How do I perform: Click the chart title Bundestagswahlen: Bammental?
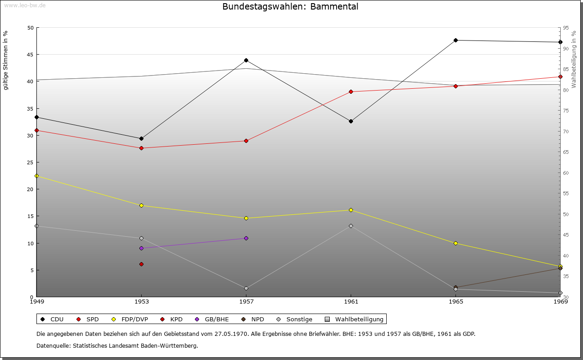click(x=290, y=7)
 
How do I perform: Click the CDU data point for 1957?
click(x=246, y=60)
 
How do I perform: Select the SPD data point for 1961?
click(x=351, y=91)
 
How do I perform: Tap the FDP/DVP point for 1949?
click(x=36, y=176)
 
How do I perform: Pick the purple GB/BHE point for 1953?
click(x=141, y=248)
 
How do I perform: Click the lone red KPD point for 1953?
click(x=141, y=264)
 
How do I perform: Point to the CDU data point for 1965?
click(x=455, y=40)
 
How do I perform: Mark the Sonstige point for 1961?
click(x=351, y=226)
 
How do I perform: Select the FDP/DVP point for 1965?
click(x=455, y=243)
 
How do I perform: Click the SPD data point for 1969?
click(x=560, y=76)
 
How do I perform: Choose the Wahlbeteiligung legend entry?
click(x=355, y=319)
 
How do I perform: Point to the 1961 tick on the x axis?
click(x=351, y=301)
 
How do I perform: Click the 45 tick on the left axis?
click(x=30, y=55)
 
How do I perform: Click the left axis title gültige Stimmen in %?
click(x=6, y=61)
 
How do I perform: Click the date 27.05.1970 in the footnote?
click(x=233, y=334)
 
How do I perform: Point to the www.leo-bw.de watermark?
click(x=25, y=5)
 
